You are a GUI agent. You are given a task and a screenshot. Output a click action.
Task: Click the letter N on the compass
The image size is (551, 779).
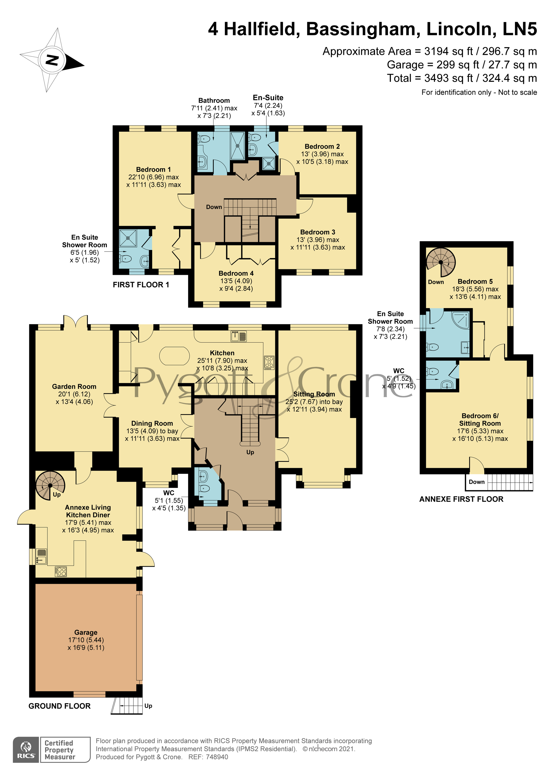tap(52, 60)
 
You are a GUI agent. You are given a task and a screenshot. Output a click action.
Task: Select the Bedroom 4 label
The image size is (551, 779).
tap(236, 273)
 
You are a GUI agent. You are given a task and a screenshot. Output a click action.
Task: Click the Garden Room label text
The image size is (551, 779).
tap(74, 386)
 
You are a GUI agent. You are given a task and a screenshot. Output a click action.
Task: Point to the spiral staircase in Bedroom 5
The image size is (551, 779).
tap(441, 262)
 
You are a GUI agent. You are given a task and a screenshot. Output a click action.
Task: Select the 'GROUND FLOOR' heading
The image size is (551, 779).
tap(60, 706)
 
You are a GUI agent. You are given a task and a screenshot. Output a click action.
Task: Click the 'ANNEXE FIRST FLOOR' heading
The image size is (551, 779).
tap(461, 499)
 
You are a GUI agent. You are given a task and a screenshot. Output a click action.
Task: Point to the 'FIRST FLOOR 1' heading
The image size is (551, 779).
tap(141, 285)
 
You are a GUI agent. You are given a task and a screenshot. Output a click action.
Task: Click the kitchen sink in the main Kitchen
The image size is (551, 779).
tap(238, 336)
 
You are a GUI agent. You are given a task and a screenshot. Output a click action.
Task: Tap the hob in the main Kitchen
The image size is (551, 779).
tap(269, 363)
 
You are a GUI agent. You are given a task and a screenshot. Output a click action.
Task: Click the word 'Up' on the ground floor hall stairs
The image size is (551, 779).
tap(250, 452)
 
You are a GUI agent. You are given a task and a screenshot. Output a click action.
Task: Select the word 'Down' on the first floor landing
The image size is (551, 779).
tap(214, 207)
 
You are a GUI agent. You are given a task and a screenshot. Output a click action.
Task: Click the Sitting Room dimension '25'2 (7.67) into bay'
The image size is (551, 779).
tap(314, 402)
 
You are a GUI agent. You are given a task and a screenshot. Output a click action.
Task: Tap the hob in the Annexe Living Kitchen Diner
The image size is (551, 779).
tap(61, 571)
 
